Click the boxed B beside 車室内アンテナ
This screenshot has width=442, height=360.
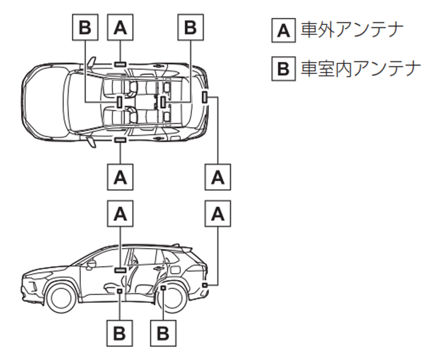tap(283, 69)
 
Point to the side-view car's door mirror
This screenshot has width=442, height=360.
tap(90, 264)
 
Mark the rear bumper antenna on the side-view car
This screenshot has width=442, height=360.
tap(205, 284)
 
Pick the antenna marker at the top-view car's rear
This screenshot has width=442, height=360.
tap(206, 98)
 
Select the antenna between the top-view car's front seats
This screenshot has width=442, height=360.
tap(120, 101)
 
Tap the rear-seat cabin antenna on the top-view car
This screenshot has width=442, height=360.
tap(164, 101)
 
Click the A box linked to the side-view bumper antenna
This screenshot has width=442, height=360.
tap(219, 215)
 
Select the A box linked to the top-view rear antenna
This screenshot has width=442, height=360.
tap(219, 177)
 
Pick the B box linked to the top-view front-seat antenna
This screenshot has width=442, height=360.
tap(85, 28)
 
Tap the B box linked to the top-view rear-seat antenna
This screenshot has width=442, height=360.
tap(190, 28)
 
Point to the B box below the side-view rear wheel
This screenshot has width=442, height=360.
tap(164, 333)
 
